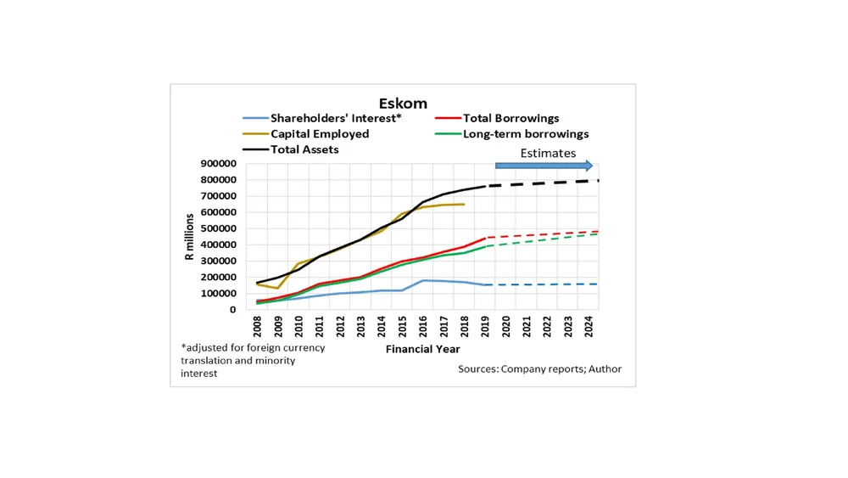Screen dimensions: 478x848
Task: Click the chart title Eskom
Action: tap(403, 104)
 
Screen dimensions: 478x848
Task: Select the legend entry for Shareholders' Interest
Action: tap(335, 119)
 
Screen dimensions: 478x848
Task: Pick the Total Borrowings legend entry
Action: tap(510, 119)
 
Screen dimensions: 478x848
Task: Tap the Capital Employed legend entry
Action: tap(320, 134)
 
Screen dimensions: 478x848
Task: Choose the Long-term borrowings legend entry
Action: tap(526, 134)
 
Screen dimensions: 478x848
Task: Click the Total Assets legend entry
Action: tap(304, 149)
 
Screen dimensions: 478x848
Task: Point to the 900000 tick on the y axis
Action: tap(219, 164)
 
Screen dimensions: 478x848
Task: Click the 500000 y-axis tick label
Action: tap(219, 228)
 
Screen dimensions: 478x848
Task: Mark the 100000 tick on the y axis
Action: tap(219, 294)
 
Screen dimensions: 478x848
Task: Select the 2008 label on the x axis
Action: tap(257, 326)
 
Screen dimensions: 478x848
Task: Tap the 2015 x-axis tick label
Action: tap(403, 326)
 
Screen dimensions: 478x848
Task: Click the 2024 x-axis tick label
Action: tap(589, 326)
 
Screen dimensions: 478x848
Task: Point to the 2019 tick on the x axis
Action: tap(486, 326)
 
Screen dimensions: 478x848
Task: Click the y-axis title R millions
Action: tap(190, 237)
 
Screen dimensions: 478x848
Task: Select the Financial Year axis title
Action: tap(423, 349)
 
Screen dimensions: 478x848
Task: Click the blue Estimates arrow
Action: tap(544, 166)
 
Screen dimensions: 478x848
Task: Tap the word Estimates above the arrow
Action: tap(548, 154)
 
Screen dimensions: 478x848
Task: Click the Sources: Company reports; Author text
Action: tap(539, 369)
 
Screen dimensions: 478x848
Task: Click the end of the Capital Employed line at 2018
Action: tap(464, 204)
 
